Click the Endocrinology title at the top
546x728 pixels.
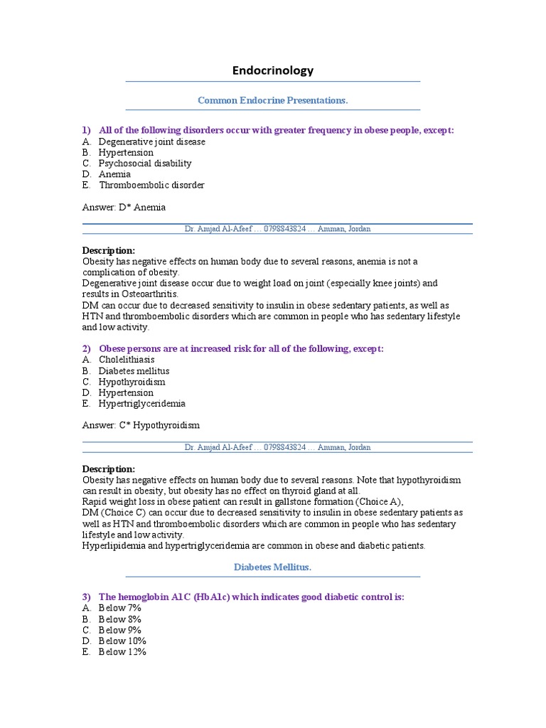coord(273,70)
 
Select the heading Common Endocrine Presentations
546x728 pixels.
coord(273,100)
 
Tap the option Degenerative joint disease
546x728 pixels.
coord(151,141)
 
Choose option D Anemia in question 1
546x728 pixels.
coord(114,174)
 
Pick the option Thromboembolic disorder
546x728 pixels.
coord(151,185)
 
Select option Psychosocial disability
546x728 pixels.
coord(145,163)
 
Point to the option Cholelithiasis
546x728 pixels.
coord(127,360)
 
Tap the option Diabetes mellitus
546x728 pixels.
coord(134,370)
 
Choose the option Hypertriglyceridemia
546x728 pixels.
coord(141,403)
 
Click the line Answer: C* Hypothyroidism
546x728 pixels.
coord(141,425)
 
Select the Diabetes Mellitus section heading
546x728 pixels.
coord(273,567)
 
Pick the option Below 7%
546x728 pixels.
coord(119,608)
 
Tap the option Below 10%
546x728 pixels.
coord(122,641)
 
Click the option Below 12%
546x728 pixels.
coord(122,651)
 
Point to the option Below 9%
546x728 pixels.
coord(119,630)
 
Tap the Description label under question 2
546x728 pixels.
coord(108,469)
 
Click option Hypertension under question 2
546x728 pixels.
coord(126,392)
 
